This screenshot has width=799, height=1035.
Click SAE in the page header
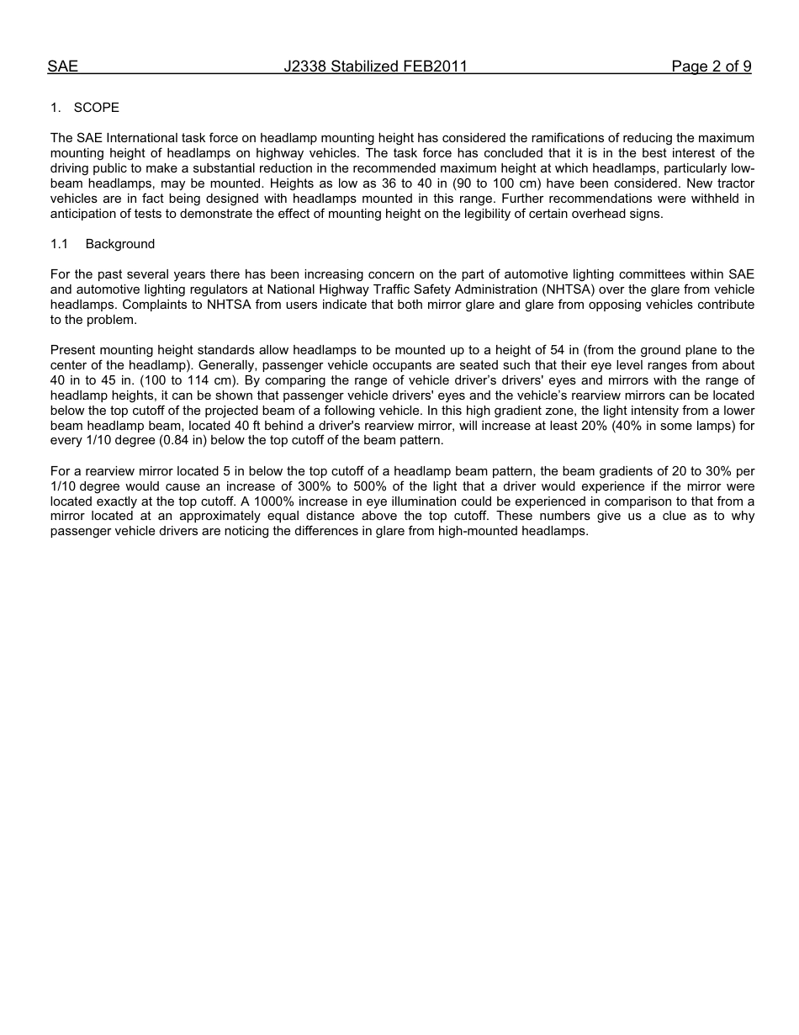click(62, 66)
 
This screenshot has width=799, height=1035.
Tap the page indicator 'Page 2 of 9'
click(711, 66)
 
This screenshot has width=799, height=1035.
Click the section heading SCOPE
click(97, 108)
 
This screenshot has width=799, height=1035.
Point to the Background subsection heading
click(120, 244)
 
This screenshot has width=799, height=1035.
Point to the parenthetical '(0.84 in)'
click(186, 441)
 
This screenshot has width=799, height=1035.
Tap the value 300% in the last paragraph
click(314, 486)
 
